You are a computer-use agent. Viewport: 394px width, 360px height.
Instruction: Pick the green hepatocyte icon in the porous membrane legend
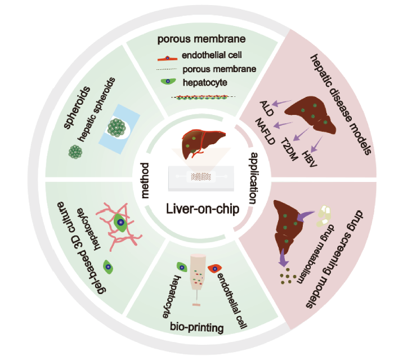pyautogui.click(x=168, y=82)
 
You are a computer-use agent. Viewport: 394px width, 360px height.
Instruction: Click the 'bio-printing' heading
pyautogui.click(x=195, y=326)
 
